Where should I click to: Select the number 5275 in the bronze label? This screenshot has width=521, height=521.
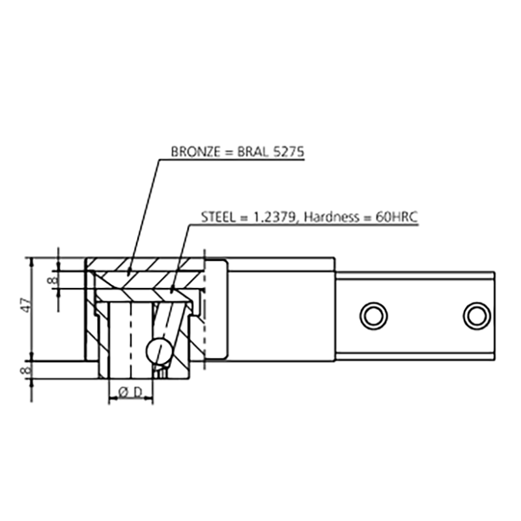289,152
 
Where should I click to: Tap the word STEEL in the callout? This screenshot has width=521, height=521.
218,217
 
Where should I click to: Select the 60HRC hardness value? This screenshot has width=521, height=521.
397,217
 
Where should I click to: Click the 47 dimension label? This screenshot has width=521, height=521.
27,305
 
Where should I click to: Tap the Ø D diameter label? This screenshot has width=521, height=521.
130,393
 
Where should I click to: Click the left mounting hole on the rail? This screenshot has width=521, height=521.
373,316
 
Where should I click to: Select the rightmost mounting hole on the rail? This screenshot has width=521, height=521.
477,316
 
